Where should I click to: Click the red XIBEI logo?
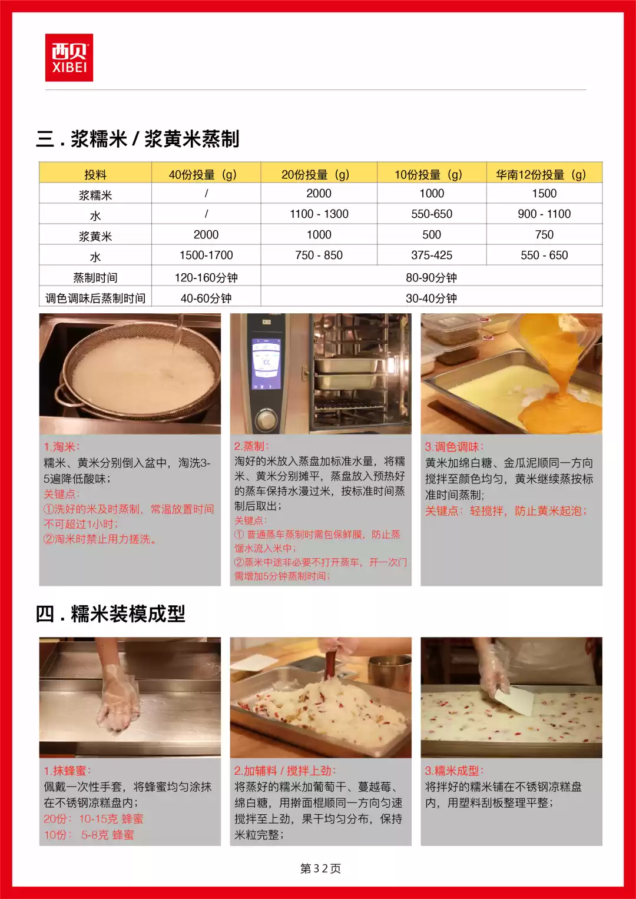(69, 58)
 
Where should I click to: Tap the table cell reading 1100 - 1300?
(319, 214)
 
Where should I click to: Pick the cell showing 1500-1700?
(206, 255)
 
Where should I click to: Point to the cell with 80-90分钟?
(431, 277)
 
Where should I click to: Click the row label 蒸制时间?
(95, 277)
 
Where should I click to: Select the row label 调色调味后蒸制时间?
(95, 298)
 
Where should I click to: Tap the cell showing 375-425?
(432, 255)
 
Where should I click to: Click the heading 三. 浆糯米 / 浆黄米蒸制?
(138, 139)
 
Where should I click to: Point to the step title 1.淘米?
(61, 447)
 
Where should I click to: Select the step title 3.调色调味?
(454, 447)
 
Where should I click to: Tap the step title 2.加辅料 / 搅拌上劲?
(284, 771)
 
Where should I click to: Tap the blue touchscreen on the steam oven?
(266, 363)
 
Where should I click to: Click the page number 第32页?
(320, 868)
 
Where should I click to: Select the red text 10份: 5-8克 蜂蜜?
(89, 835)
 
